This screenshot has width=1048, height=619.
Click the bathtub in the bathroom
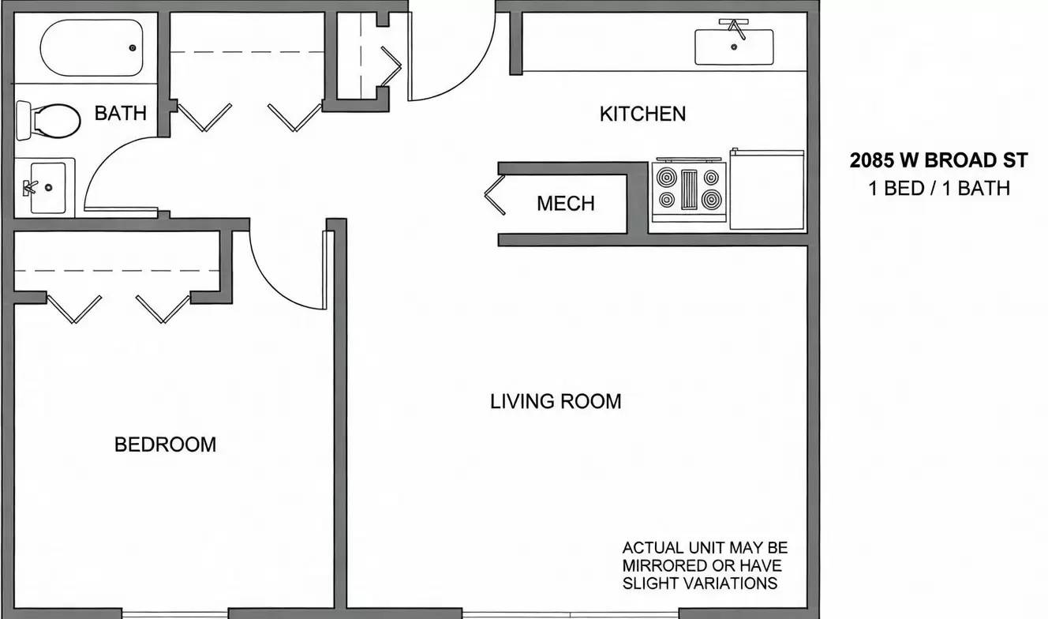pos(92,47)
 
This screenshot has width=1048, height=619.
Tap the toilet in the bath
pos(49,121)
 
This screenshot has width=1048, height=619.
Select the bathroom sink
pos(45,187)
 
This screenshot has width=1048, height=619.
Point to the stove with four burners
pos(689,189)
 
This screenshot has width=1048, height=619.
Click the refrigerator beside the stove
pos(766,190)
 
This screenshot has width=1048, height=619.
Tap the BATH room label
pos(120,113)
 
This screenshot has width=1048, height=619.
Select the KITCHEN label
pos(642,114)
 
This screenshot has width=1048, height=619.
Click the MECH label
pos(565,204)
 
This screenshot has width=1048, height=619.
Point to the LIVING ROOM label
pos(556,401)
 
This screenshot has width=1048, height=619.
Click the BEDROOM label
pos(165,445)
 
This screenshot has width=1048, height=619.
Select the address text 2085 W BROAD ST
pos(938,160)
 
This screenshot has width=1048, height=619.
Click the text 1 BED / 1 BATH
pos(938,188)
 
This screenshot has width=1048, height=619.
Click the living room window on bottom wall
pos(570,613)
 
